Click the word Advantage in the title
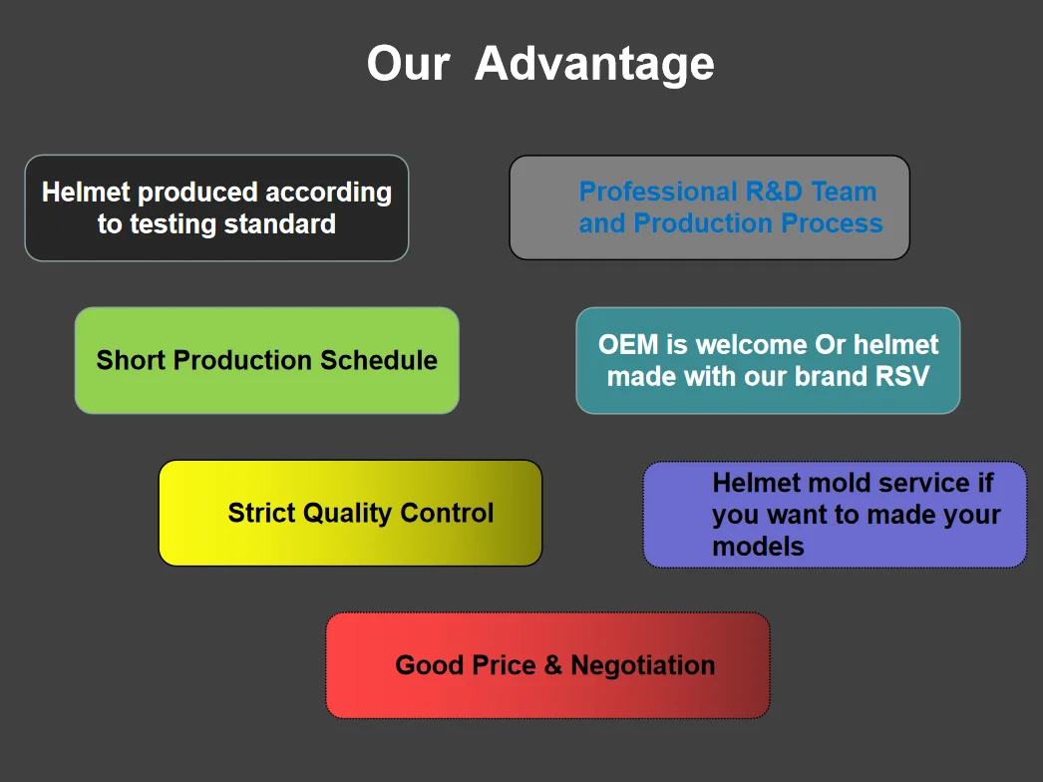pos(594,66)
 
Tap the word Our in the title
pos(409,64)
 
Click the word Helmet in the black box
pos(86,192)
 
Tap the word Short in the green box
pos(131,360)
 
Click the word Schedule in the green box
pos(379,360)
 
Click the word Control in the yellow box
pos(447,513)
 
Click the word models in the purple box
pos(758,547)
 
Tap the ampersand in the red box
pos(552,665)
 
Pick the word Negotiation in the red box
pos(642,665)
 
